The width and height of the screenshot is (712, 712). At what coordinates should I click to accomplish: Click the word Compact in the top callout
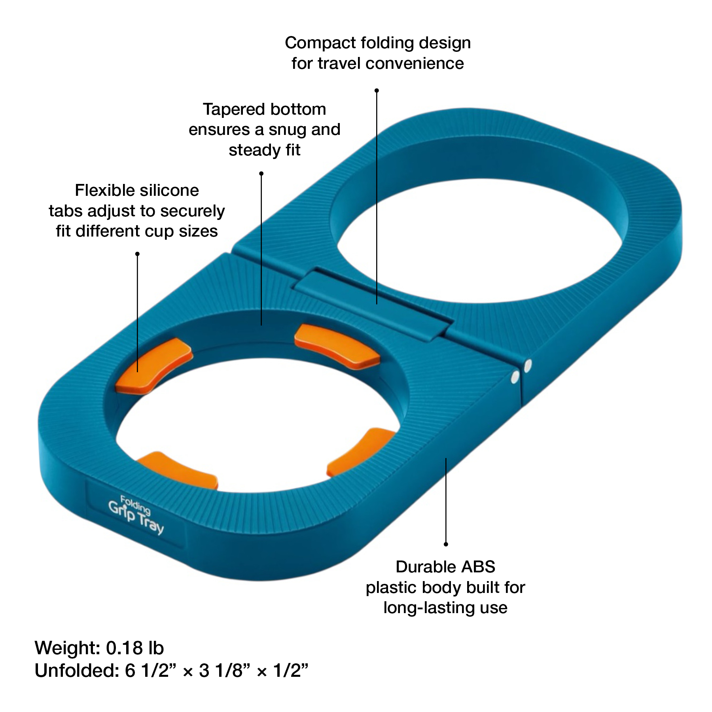tap(314, 43)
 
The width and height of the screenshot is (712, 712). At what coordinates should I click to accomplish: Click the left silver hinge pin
tap(515, 378)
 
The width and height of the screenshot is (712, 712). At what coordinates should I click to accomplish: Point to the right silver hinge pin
tap(527, 365)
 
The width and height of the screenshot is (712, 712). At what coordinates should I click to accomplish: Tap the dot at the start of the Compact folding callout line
tap(377, 91)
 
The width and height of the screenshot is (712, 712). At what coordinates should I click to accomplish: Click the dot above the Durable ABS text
tap(446, 544)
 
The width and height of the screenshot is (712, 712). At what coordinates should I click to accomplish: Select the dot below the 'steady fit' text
tap(261, 174)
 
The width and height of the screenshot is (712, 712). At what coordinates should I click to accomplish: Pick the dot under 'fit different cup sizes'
tap(137, 254)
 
